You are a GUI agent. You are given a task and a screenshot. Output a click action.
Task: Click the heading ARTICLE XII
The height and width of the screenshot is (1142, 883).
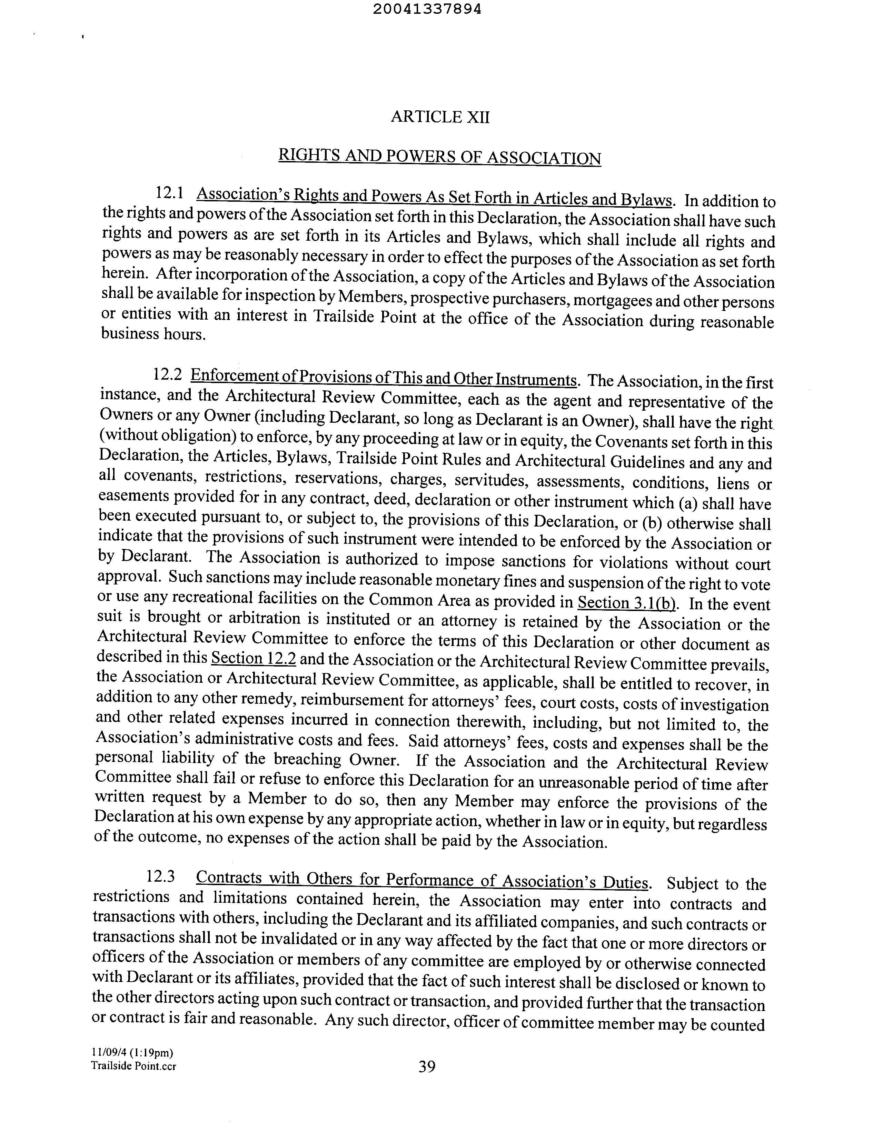pyautogui.click(x=440, y=117)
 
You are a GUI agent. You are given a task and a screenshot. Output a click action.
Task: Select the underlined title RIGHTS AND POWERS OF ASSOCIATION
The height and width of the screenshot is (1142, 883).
pyautogui.click(x=439, y=157)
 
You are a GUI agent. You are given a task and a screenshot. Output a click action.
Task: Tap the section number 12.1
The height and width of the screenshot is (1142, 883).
pyautogui.click(x=169, y=193)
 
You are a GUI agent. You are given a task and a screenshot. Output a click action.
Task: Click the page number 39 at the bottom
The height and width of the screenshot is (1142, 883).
pyautogui.click(x=427, y=1066)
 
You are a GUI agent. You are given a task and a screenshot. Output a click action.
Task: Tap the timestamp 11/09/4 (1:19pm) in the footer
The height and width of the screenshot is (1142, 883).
pyautogui.click(x=131, y=1052)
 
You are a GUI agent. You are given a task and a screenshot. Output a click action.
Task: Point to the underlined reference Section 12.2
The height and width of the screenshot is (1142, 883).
pyautogui.click(x=253, y=658)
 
